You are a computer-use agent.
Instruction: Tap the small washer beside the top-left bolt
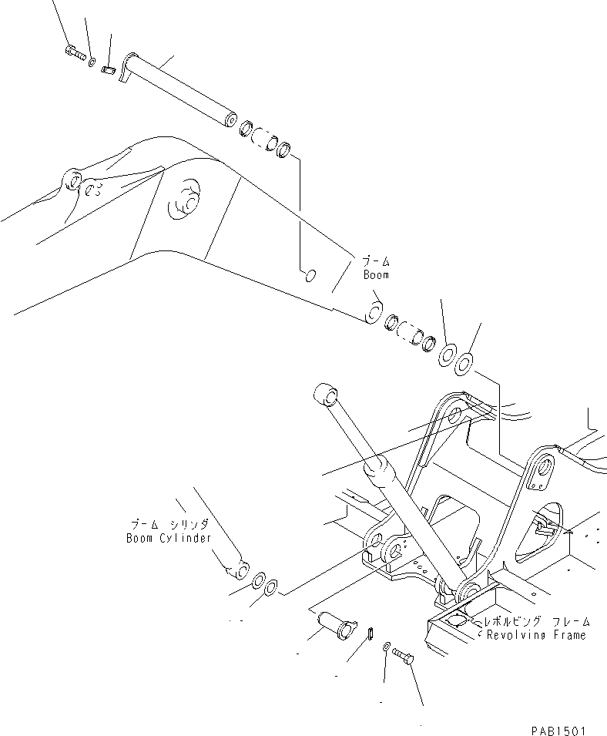pos(92,60)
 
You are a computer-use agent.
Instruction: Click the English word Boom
pos(377,274)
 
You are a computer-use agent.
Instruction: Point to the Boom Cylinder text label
pos(168,538)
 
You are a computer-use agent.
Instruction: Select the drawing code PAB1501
pos(558,728)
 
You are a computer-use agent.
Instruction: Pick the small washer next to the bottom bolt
pos(386,647)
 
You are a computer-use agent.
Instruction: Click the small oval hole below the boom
pos(307,274)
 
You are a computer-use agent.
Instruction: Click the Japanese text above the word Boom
pos(377,260)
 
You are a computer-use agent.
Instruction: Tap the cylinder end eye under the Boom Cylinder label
pos(238,570)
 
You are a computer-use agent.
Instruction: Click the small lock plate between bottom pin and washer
pos(369,633)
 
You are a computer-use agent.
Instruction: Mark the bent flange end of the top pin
pos(128,65)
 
